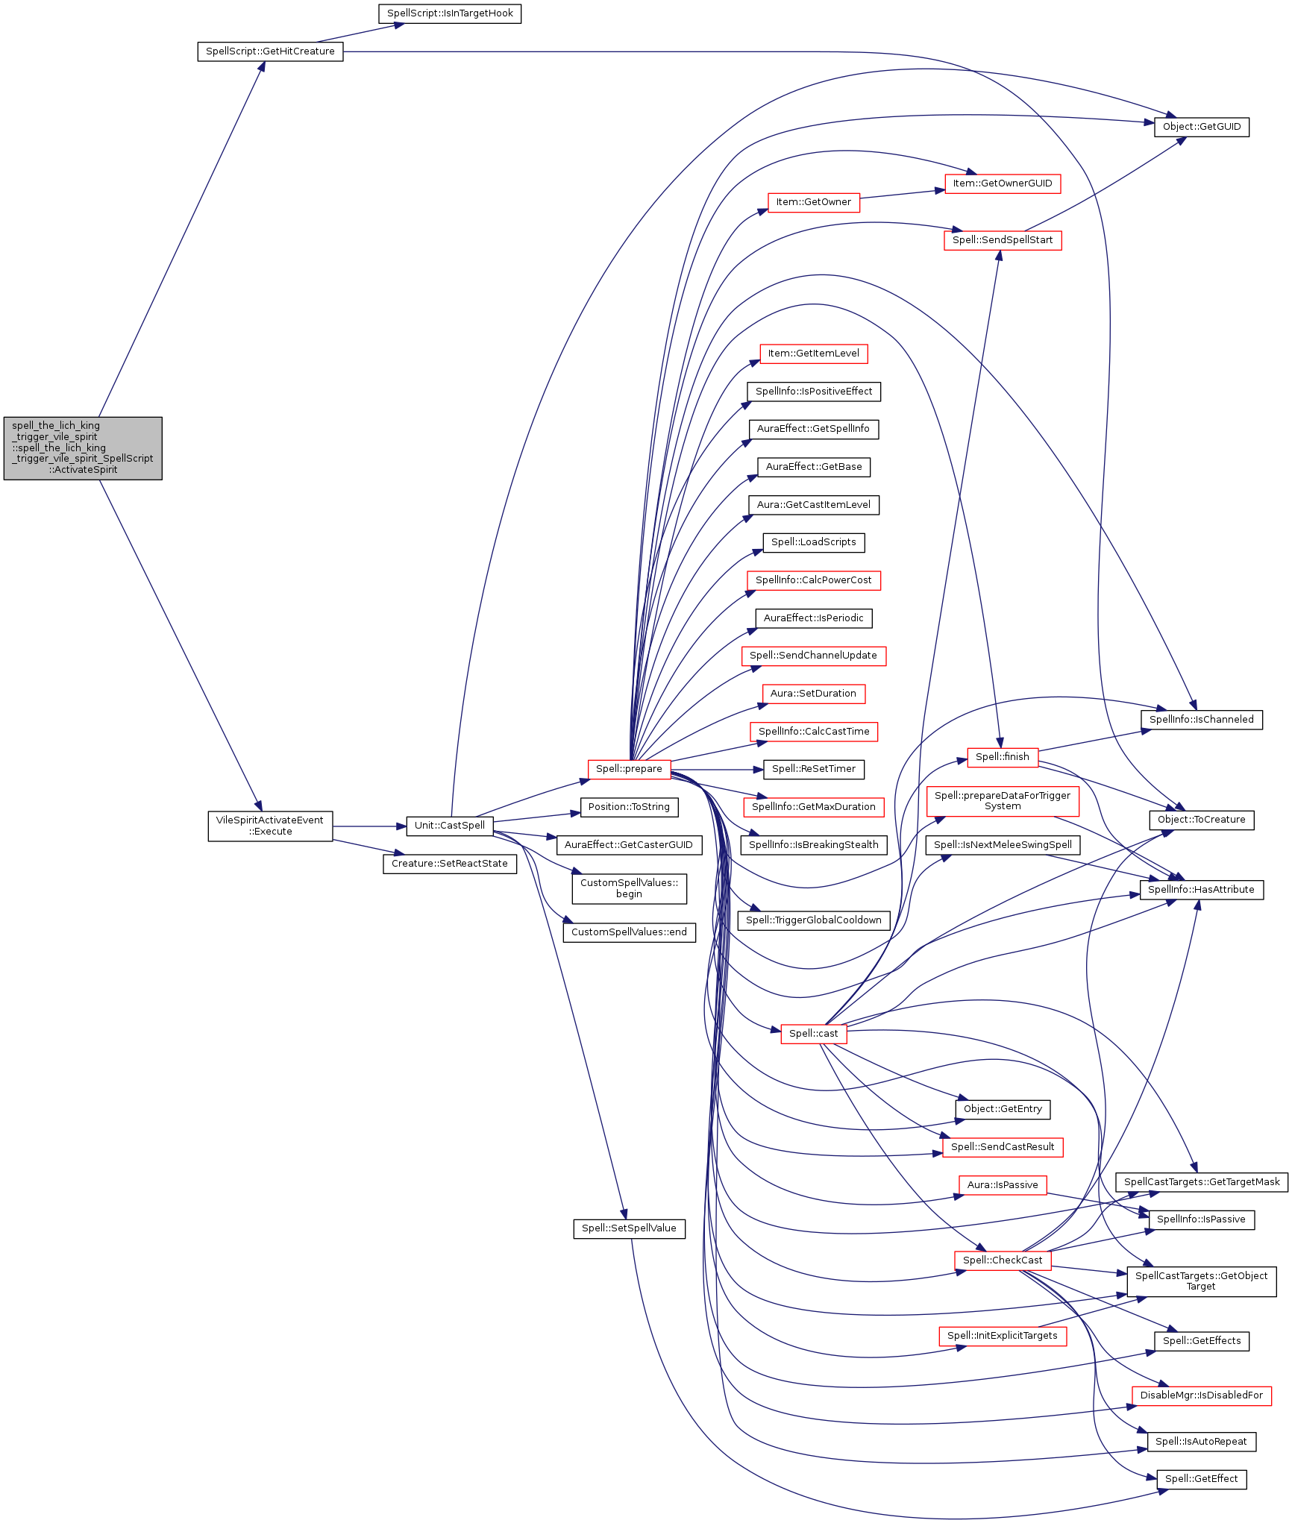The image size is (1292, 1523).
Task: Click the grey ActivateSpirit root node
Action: (x=83, y=448)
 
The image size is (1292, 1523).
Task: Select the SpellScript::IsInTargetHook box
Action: (x=450, y=13)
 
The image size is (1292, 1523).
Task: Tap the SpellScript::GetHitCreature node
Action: (x=270, y=51)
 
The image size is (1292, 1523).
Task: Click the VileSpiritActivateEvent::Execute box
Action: (x=270, y=826)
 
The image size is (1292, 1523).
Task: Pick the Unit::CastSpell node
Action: (x=450, y=826)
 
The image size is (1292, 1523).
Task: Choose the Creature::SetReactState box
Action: (x=450, y=864)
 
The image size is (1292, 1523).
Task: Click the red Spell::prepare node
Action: (x=629, y=769)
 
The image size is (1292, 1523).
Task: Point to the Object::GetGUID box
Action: (x=1201, y=127)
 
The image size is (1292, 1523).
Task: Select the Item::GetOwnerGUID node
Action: (x=1002, y=183)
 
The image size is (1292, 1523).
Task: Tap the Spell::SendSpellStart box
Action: (x=1002, y=240)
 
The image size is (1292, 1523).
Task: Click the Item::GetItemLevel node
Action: (x=813, y=354)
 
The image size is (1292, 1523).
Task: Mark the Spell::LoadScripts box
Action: (x=813, y=542)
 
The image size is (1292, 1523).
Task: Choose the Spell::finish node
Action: (x=1002, y=757)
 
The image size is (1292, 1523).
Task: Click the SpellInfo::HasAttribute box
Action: (x=1201, y=890)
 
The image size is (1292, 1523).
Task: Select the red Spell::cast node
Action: (x=813, y=1034)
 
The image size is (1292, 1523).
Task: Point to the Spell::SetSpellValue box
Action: (x=629, y=1228)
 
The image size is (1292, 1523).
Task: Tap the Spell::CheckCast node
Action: (x=1002, y=1260)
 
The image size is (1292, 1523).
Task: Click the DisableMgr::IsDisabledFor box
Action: (x=1201, y=1395)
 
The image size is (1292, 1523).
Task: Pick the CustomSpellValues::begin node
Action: (x=629, y=888)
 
